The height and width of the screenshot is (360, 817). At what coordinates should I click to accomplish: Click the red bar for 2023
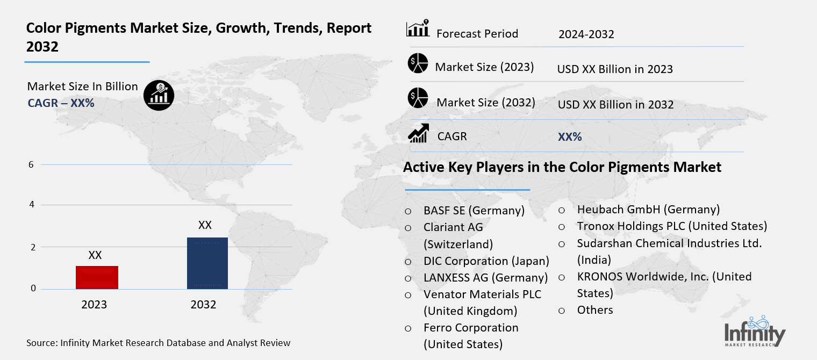97,277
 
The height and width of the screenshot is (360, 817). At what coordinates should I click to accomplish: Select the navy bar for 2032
207,263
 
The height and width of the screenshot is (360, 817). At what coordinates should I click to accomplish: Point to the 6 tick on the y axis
31,164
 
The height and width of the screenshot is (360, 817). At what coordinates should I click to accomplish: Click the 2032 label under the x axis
203,305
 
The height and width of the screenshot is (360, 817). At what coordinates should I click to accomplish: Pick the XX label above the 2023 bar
95,255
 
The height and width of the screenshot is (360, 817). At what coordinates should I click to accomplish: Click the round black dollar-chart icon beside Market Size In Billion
159,95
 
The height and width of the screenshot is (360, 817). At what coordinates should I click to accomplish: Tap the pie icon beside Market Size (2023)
418,63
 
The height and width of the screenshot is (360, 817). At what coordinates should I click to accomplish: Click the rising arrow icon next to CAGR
418,133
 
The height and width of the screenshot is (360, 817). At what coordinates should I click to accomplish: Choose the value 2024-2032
586,34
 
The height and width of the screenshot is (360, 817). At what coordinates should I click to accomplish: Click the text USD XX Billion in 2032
615,104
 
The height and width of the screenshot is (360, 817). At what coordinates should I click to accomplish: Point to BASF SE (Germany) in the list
474,210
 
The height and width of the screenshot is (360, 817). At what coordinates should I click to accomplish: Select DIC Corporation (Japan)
486,261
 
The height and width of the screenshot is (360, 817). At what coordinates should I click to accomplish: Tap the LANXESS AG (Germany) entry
485,278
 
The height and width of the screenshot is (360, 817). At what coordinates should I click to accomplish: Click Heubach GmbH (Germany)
648,209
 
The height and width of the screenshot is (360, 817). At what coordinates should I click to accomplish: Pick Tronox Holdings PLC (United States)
672,226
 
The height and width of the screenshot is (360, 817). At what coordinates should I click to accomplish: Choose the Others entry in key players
594,310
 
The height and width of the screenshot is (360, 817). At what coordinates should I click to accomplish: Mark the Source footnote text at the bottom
158,343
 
